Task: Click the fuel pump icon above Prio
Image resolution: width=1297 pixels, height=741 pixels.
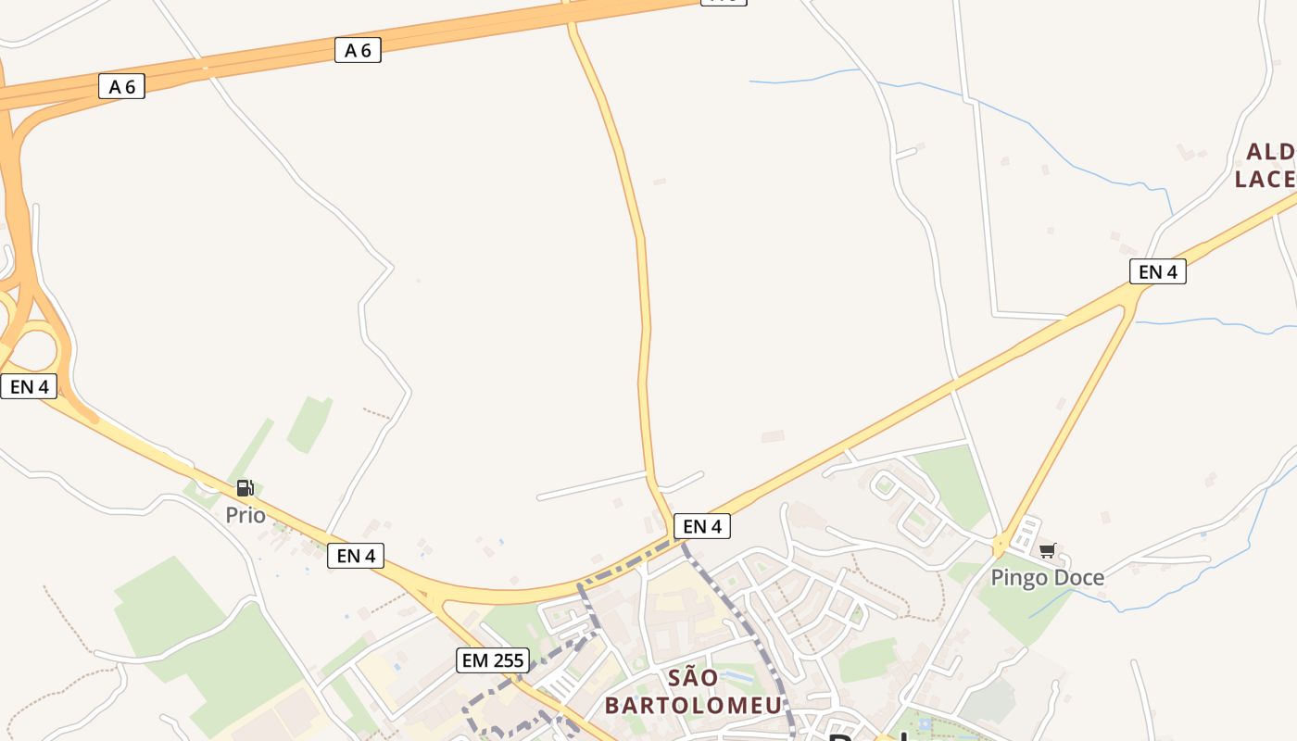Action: [x=245, y=488]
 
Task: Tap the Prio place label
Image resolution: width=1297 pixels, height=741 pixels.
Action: [x=246, y=515]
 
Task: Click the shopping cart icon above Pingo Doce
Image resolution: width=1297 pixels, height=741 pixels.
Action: [x=1048, y=551]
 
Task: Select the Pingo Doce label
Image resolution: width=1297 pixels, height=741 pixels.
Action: [x=1047, y=578]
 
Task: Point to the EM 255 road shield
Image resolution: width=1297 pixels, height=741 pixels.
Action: [x=493, y=660]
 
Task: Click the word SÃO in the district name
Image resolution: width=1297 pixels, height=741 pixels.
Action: [x=693, y=677]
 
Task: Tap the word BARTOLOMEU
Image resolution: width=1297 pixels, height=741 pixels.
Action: [x=693, y=705]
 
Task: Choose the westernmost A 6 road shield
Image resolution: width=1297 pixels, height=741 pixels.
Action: [x=121, y=87]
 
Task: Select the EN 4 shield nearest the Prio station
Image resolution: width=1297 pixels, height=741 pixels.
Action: [x=356, y=556]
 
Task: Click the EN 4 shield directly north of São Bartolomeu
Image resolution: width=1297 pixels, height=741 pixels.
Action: [x=701, y=527]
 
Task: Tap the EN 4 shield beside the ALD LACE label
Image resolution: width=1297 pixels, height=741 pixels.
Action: [x=1158, y=271]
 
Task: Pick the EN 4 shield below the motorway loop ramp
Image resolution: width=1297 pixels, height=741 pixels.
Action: [x=29, y=386]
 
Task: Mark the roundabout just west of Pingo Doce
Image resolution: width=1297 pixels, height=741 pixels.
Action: [x=1001, y=545]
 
